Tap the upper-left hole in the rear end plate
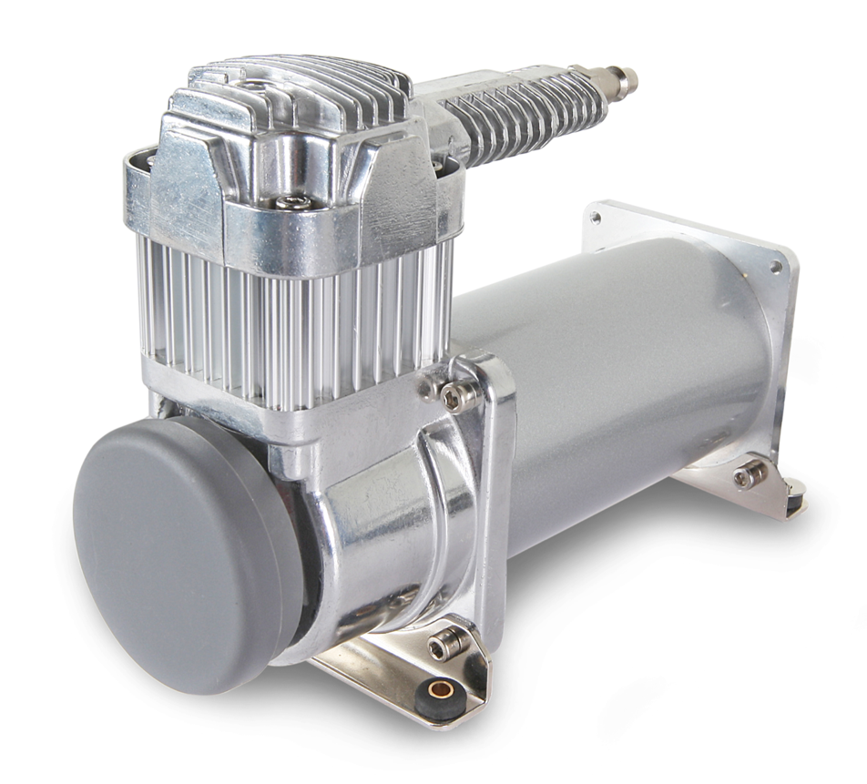pyautogui.click(x=595, y=218)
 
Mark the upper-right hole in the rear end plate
pyautogui.click(x=776, y=267)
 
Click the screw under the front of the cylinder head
pyautogui.click(x=292, y=202)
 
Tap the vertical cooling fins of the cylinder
pyautogui.click(x=291, y=319)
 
